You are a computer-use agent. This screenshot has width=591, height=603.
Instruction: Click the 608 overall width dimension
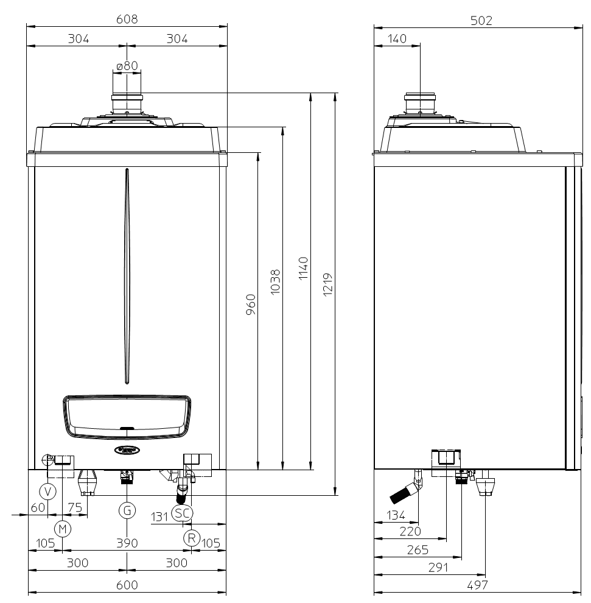click(x=127, y=19)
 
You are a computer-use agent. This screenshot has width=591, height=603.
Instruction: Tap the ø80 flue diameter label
click(x=127, y=66)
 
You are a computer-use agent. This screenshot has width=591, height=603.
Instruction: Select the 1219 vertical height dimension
click(x=327, y=284)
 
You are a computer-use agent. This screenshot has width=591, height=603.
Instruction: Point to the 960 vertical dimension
click(x=251, y=305)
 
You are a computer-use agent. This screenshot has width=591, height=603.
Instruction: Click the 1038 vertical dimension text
click(x=275, y=282)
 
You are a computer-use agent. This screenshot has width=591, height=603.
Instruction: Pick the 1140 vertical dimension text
click(x=303, y=269)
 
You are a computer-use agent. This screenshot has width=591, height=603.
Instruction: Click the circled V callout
click(x=48, y=492)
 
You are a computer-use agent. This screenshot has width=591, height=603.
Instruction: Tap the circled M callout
click(x=63, y=529)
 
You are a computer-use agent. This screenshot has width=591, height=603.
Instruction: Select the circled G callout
click(x=127, y=510)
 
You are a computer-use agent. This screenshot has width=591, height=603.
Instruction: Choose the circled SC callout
click(x=182, y=513)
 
